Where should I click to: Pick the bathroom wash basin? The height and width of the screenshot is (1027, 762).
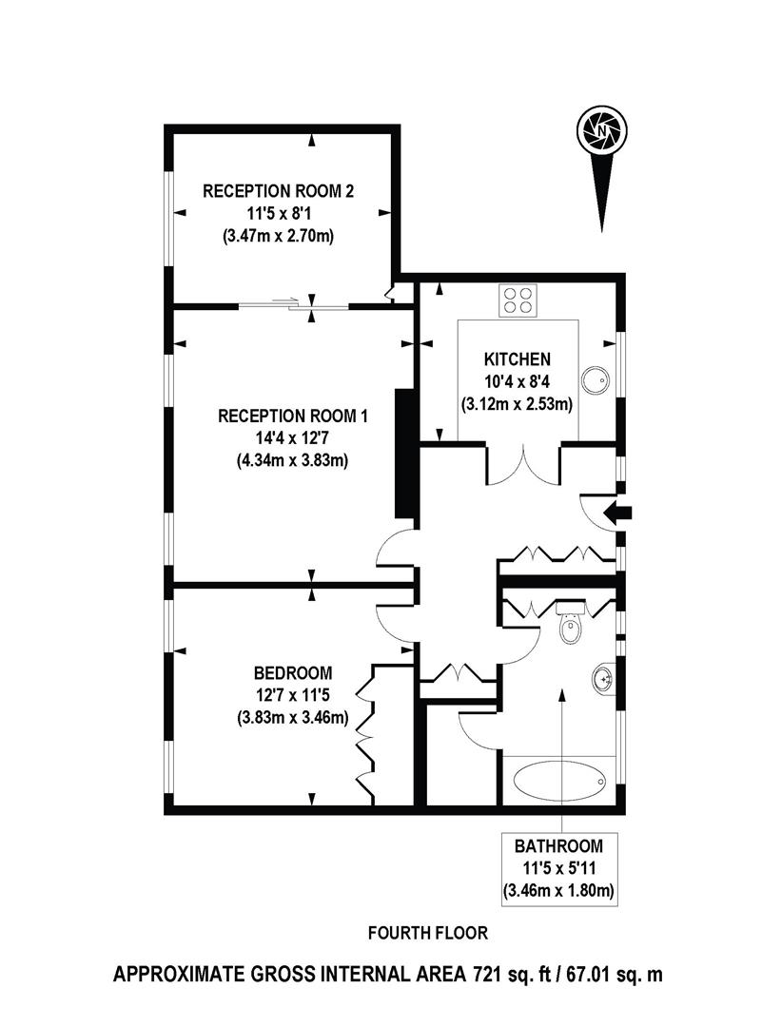pos(603,679)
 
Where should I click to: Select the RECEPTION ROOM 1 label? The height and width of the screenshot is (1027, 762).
pos(293,417)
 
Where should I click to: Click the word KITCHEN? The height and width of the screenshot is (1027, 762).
pos(518,359)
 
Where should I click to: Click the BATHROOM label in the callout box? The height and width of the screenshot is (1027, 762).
pos(559,845)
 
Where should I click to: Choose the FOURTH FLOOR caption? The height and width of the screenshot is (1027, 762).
pos(415,933)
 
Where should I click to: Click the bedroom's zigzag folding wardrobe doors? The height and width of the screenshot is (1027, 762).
pos(364,732)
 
